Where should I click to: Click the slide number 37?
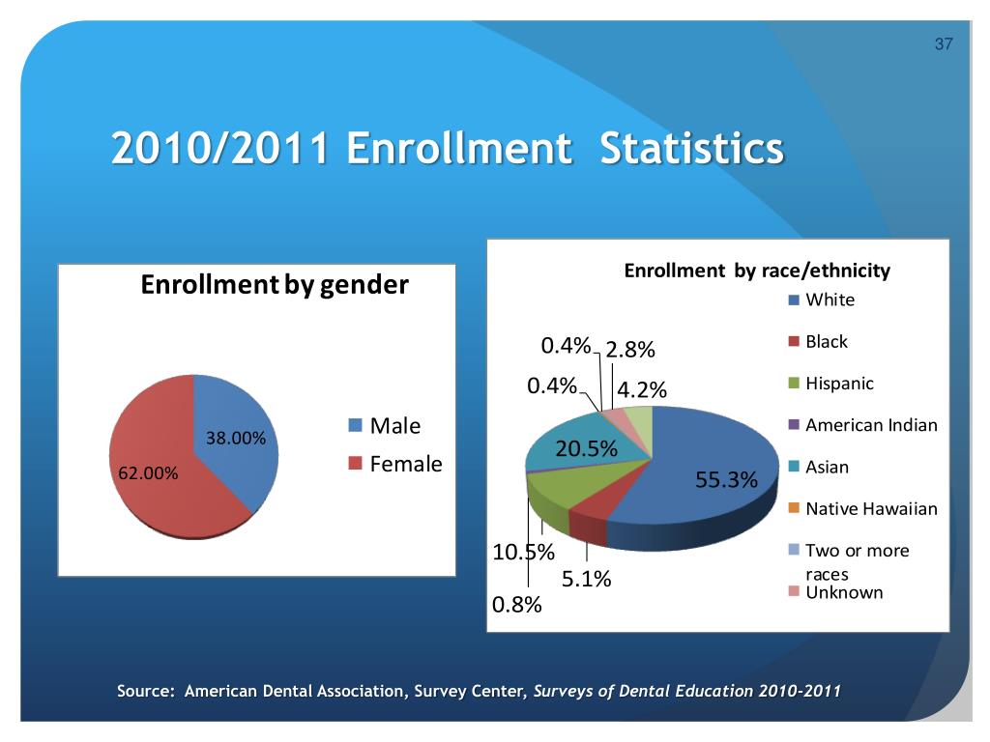click(x=944, y=44)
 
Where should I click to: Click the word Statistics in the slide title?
click(x=691, y=149)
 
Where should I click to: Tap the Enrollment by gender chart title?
click(x=275, y=285)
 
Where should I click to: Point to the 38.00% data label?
click(x=237, y=438)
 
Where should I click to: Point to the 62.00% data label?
click(x=148, y=473)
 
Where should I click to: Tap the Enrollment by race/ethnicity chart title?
click(x=757, y=271)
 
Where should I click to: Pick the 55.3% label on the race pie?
click(x=726, y=480)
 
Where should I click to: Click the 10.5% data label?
click(x=524, y=554)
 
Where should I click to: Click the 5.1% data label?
click(x=587, y=580)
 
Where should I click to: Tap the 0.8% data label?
click(x=517, y=606)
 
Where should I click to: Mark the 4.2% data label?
click(x=642, y=390)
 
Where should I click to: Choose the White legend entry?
click(x=830, y=300)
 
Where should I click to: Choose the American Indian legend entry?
click(x=870, y=425)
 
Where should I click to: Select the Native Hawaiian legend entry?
click(x=870, y=509)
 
